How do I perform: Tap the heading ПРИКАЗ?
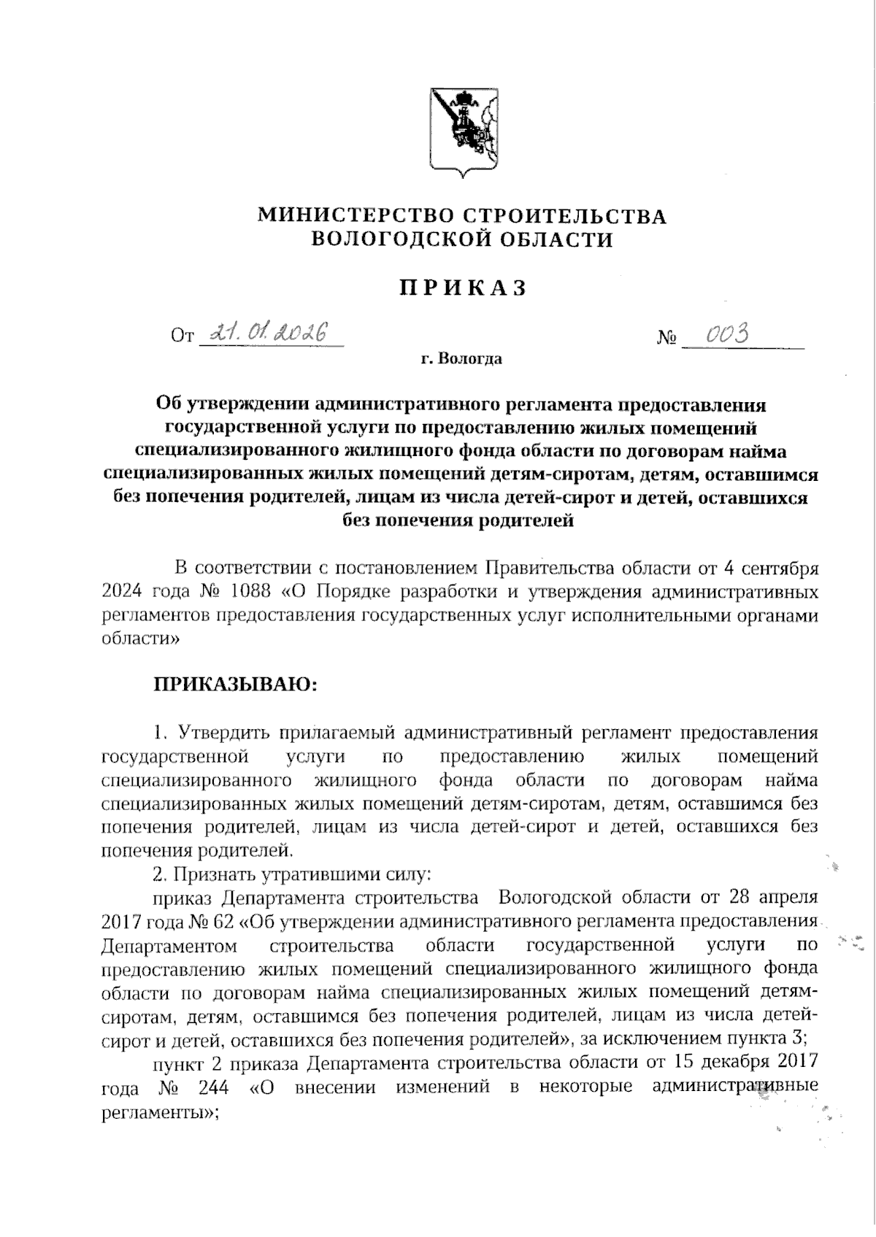pos(463,288)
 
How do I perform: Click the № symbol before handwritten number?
pos(666,339)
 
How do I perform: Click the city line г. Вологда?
pos(461,359)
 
